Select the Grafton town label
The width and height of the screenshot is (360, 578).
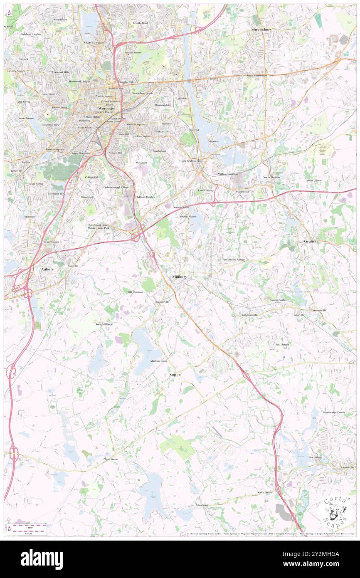311,241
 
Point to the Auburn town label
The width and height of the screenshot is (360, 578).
47,269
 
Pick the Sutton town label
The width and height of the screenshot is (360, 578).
175,375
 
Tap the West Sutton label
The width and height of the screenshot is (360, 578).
111,459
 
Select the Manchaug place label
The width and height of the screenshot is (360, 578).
202,505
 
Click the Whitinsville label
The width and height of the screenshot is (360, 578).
347,467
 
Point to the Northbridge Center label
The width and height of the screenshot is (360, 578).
333,412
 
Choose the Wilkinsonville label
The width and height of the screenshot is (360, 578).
250,315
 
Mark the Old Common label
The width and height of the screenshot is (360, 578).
136,292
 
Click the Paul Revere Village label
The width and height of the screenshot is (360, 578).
233,259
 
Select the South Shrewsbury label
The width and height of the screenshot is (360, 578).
256,76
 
